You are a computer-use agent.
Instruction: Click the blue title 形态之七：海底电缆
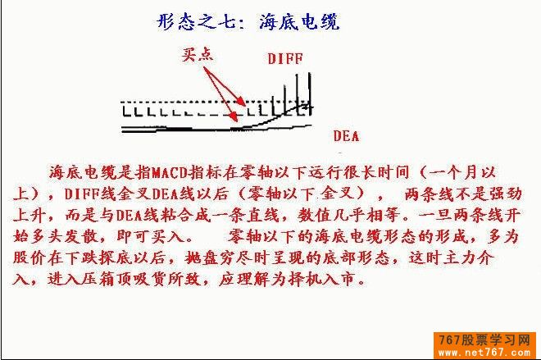point(248,22)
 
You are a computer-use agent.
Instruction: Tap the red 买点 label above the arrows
point(198,55)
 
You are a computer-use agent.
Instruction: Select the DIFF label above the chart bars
point(285,59)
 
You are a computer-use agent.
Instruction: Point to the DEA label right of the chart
point(346,136)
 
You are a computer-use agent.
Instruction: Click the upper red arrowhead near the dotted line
point(242,103)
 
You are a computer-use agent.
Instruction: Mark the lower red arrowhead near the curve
point(234,117)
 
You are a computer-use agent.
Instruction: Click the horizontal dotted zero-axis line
point(216,103)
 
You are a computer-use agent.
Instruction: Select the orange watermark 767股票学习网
point(484,340)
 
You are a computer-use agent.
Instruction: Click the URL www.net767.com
point(484,353)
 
